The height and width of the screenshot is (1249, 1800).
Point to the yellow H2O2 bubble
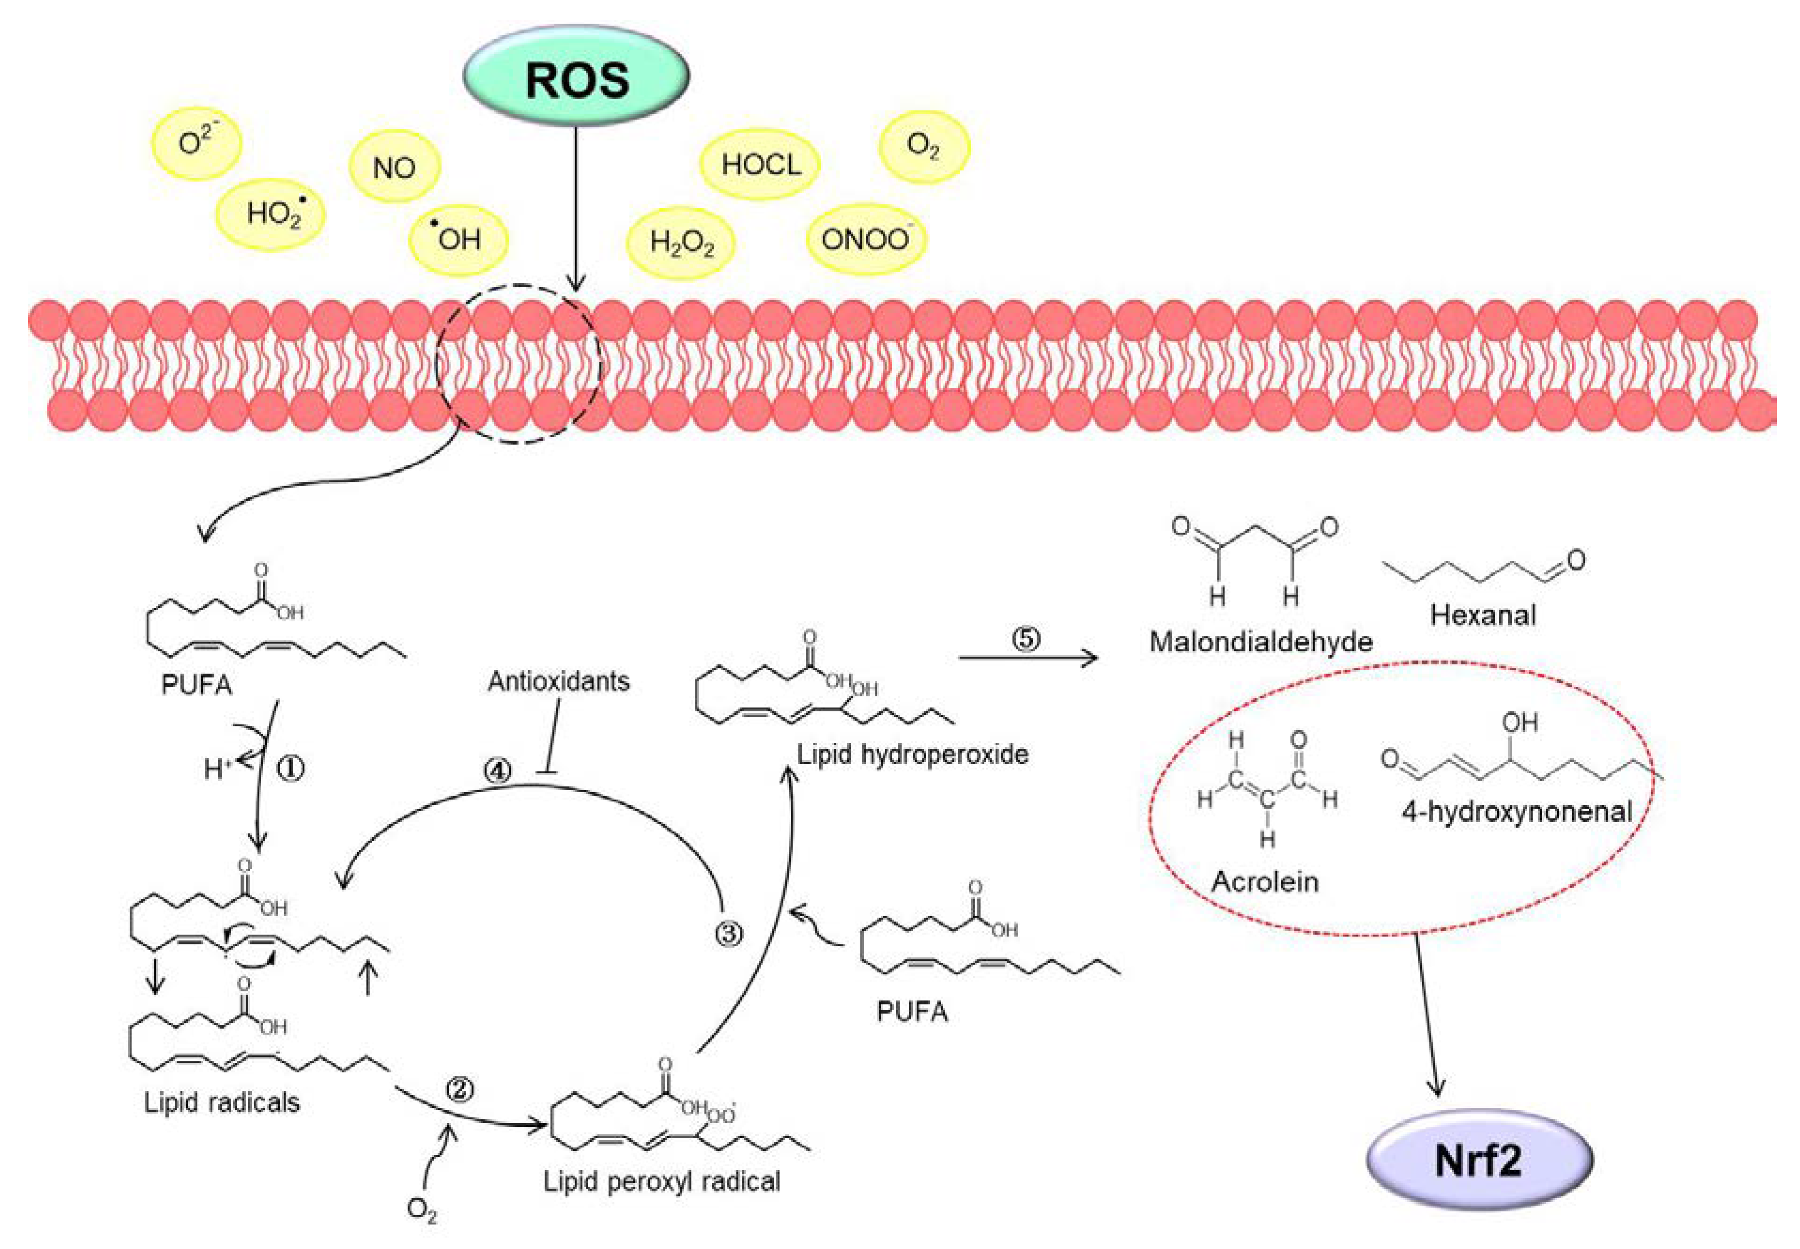click(681, 244)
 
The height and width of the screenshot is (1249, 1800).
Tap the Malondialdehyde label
click(1260, 642)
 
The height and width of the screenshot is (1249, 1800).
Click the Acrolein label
click(1264, 882)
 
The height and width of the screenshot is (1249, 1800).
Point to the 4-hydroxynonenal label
click(1516, 811)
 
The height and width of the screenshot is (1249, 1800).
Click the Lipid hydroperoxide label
click(912, 754)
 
